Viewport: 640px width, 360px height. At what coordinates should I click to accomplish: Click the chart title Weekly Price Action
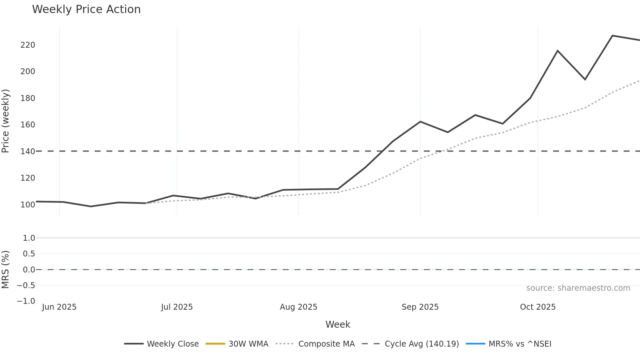coord(86,9)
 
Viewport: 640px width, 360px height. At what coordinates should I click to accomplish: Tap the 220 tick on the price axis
coord(28,45)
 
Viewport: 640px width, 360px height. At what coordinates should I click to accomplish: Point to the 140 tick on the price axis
coord(28,152)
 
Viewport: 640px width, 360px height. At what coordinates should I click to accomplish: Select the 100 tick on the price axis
coord(28,205)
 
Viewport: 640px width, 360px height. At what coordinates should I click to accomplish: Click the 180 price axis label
coord(28,98)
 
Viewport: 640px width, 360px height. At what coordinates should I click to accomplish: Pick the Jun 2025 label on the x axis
coord(59,307)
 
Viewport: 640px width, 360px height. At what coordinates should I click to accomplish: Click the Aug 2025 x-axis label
coord(298,307)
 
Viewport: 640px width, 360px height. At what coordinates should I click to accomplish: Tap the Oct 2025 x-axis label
coord(538,307)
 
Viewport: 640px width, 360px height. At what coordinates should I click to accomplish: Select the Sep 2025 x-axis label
coord(420,307)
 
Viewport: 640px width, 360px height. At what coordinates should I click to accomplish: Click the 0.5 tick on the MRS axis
coord(29,254)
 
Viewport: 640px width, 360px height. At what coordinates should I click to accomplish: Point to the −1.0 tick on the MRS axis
coord(26,301)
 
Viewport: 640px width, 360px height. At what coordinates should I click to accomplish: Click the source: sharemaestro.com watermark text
coord(578,288)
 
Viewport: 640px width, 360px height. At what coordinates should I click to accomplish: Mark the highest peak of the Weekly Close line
coord(612,36)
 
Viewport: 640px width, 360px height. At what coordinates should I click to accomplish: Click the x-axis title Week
coord(338,324)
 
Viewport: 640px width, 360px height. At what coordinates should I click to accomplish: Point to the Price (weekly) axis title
coord(6,121)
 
